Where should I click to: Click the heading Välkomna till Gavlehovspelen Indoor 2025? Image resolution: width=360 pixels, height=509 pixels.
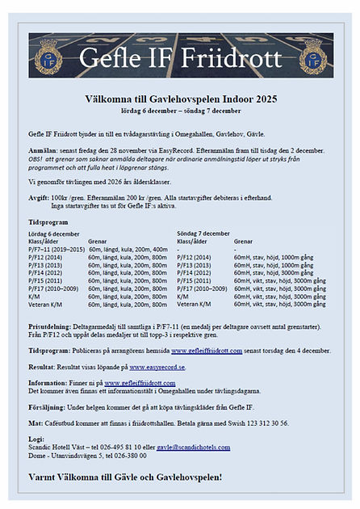(x=181, y=99)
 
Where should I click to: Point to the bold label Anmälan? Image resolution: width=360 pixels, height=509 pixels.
(x=43, y=151)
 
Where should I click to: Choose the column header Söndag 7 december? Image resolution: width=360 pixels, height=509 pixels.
(x=203, y=233)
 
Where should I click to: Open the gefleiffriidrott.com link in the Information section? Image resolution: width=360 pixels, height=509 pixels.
(x=135, y=383)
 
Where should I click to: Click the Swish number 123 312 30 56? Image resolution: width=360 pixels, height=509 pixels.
(x=260, y=422)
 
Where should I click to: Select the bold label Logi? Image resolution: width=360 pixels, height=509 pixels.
(x=36, y=439)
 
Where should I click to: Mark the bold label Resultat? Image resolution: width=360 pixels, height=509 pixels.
(x=44, y=367)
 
